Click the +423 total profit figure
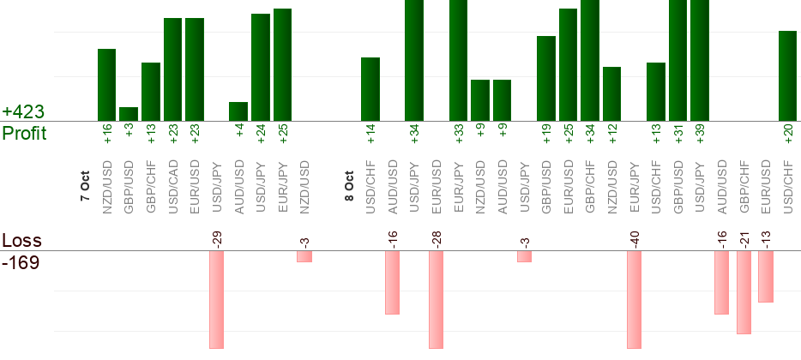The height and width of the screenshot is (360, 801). click(x=23, y=112)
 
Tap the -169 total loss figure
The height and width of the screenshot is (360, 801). click(x=21, y=262)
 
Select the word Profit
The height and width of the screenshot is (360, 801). click(x=24, y=134)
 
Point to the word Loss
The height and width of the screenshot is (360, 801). click(x=21, y=241)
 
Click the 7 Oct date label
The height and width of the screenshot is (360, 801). click(x=85, y=186)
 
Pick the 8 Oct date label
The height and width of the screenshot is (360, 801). click(x=349, y=186)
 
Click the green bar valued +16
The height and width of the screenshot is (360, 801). click(x=106, y=85)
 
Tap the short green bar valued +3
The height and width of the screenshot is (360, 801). click(x=129, y=114)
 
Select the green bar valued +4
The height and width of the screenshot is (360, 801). click(x=238, y=111)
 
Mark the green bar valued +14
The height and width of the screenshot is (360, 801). click(x=370, y=89)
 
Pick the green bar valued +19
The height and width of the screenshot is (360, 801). click(x=546, y=78)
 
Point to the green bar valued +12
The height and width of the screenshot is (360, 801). click(x=611, y=93)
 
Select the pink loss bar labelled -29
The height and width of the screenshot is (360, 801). click(x=216, y=299)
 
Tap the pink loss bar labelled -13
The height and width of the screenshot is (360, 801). click(x=766, y=276)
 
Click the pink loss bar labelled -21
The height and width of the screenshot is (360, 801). click(x=744, y=291)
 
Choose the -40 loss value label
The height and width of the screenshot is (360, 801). click(x=634, y=237)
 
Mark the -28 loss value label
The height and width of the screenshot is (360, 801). click(x=436, y=237)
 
